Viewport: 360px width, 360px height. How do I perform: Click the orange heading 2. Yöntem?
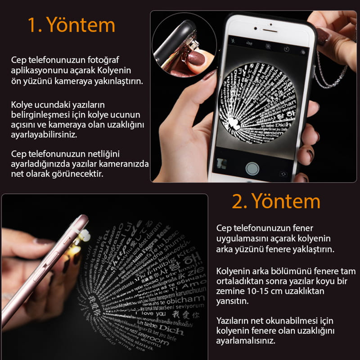(276, 201)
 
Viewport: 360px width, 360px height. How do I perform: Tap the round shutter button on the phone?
(252, 168)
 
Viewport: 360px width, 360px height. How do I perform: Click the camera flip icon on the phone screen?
(283, 174)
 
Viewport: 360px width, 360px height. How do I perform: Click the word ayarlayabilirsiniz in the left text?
(45, 135)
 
